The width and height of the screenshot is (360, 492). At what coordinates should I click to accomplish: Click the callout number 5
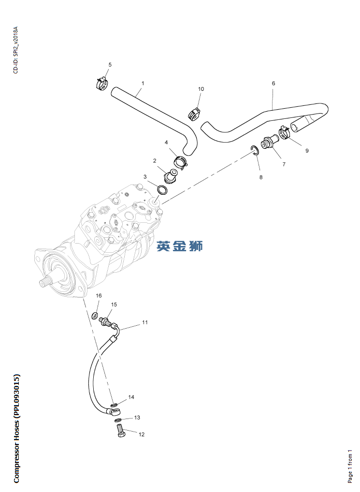[110, 65]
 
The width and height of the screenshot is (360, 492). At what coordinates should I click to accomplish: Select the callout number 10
[201, 89]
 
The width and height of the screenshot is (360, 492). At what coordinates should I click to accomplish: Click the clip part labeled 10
[194, 113]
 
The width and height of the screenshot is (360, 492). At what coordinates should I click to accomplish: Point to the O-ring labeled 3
[162, 190]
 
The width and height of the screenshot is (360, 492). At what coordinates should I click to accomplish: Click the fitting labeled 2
[171, 176]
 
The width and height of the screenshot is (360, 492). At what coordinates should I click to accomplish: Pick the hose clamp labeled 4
[180, 161]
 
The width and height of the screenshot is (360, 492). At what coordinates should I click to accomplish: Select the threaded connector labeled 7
[269, 142]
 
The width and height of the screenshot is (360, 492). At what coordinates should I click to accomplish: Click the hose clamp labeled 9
[285, 132]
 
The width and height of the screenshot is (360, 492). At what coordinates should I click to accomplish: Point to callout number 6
[274, 83]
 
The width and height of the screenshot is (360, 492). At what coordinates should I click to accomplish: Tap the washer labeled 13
[117, 420]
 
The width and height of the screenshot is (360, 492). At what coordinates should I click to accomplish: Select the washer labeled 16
[94, 315]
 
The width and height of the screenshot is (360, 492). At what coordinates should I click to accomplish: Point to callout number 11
[144, 322]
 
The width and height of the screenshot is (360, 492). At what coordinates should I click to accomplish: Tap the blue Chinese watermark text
[180, 246]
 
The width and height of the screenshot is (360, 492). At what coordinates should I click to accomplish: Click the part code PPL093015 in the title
[16, 396]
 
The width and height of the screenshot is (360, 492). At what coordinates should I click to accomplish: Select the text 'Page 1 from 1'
[350, 466]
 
